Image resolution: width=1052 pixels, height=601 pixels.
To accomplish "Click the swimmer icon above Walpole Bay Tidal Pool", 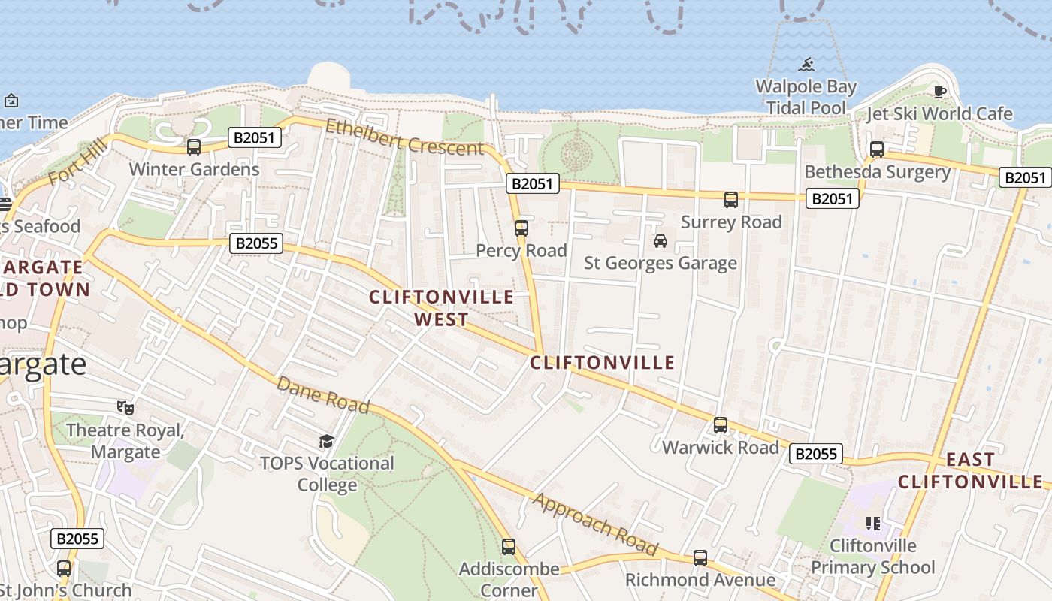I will (807, 64).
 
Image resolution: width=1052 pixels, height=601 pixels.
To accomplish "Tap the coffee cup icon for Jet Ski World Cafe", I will (939, 92).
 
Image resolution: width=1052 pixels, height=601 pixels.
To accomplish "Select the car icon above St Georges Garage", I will (661, 241).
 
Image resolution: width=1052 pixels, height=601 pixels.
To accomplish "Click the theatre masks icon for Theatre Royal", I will (125, 408).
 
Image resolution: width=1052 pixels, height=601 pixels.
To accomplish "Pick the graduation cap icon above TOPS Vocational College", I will (326, 441).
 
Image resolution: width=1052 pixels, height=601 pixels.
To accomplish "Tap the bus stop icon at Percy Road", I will (521, 228).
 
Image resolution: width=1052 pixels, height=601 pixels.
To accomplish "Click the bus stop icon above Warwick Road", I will (721, 425).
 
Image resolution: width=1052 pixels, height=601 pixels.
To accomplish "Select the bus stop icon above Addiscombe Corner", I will (509, 547).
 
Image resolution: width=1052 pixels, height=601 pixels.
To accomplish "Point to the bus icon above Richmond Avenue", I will (700, 558).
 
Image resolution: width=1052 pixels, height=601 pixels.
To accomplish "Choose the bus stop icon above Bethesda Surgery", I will (877, 149).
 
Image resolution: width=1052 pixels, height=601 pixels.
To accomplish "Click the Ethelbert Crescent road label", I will (404, 137).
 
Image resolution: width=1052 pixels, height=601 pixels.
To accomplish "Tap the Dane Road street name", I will (323, 395).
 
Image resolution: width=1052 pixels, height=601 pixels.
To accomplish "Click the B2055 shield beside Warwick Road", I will (816, 454).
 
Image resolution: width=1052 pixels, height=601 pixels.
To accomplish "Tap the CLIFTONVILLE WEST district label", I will (442, 308).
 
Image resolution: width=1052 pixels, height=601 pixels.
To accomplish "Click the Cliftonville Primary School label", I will (873, 557).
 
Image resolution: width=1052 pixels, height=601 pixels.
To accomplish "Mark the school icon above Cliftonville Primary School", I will (872, 523).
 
